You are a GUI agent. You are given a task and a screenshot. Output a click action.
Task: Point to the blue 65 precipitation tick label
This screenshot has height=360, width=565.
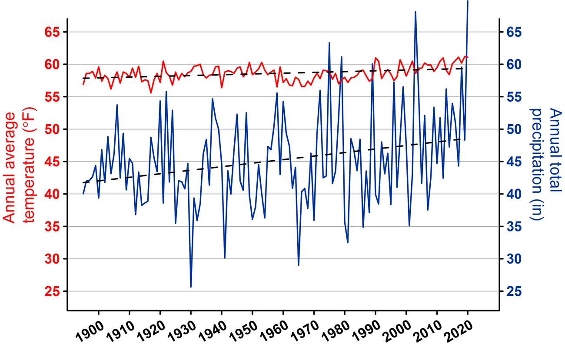point(513,32)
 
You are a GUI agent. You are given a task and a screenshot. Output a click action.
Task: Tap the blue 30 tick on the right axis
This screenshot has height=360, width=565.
point(513,259)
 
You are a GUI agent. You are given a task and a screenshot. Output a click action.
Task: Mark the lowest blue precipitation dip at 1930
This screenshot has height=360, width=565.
point(191,287)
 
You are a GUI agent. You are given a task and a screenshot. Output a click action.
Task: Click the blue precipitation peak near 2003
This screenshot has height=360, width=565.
point(415,12)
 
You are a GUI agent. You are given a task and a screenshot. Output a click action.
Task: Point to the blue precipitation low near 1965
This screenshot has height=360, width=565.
point(299,265)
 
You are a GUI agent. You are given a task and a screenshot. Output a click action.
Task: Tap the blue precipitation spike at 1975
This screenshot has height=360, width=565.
point(329,43)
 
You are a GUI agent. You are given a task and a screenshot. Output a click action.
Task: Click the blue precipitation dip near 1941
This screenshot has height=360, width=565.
point(225,258)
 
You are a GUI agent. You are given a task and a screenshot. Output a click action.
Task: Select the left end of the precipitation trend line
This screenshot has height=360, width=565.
point(83,182)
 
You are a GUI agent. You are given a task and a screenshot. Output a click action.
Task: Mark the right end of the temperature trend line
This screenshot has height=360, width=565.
point(464,68)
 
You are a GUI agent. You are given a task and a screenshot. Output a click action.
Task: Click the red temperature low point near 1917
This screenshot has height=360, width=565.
point(151,92)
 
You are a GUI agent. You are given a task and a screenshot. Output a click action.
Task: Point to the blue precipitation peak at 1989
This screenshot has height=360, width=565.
point(372,64)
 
